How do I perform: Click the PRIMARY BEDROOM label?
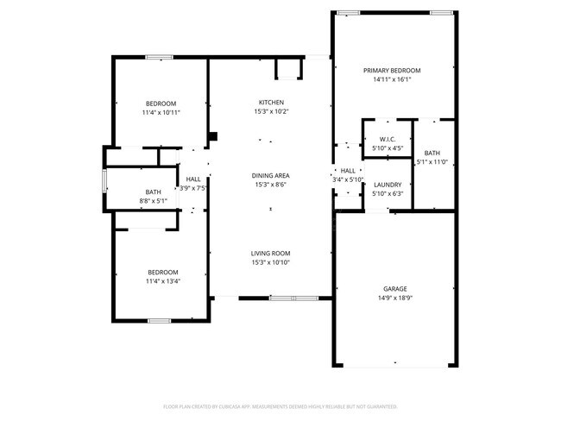[391, 71]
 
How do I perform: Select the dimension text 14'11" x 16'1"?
[391, 79]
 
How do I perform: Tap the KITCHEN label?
[271, 103]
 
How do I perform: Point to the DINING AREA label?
[271, 175]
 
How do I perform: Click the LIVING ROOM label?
[271, 253]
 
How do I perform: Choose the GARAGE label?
[395, 289]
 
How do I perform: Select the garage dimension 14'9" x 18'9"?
[395, 298]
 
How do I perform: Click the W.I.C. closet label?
[386, 140]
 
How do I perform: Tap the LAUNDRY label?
[386, 184]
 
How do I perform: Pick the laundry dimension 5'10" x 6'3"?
[386, 192]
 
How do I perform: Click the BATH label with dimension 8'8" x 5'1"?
[153, 192]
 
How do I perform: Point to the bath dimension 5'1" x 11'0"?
[432, 161]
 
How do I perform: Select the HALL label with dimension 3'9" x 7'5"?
[193, 179]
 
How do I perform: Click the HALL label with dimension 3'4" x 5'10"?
[348, 171]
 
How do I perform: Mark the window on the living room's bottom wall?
[293, 298]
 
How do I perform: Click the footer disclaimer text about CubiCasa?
[280, 405]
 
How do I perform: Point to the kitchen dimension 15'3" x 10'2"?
[271, 111]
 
